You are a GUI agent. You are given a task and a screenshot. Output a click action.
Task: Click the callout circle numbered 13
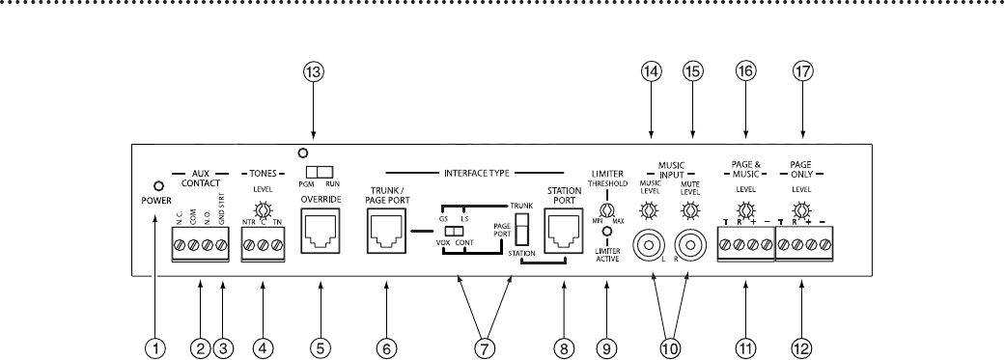click(313, 78)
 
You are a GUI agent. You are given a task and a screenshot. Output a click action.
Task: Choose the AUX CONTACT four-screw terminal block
click(200, 246)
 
